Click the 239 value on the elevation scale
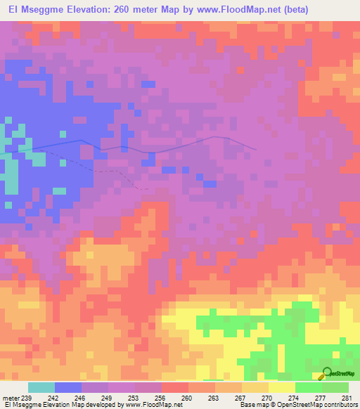click(x=25, y=398)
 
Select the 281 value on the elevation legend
click(x=345, y=398)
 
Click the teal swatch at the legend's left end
click(x=41, y=387)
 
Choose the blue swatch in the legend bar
click(x=68, y=387)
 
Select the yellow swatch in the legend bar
click(x=282, y=387)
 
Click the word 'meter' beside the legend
click(x=10, y=398)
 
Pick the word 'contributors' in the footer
click(x=337, y=405)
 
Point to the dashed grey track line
click(x=105, y=169)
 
